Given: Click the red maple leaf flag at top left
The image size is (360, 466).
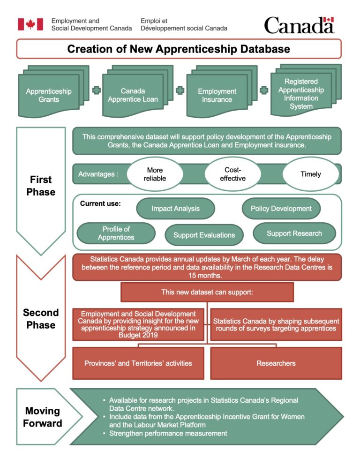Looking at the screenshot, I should click(x=30, y=24).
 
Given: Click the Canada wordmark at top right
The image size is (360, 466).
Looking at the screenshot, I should click(x=299, y=25).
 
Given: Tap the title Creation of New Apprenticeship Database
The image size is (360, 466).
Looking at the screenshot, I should click(x=179, y=49).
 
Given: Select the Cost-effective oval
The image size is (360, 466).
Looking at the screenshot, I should click(x=232, y=174).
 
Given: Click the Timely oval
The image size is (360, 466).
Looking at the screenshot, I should click(x=311, y=174).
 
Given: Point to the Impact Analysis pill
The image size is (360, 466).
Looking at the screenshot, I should click(x=175, y=209).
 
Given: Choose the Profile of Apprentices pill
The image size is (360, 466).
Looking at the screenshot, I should click(x=116, y=233).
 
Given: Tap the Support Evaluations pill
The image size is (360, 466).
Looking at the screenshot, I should click(x=204, y=235).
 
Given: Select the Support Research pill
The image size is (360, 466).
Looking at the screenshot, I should click(x=294, y=233).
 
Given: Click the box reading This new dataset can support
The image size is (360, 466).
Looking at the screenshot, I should click(x=207, y=292).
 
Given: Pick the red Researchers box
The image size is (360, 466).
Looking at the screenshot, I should click(x=276, y=363).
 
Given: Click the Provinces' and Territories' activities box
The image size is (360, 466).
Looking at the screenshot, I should click(x=138, y=363).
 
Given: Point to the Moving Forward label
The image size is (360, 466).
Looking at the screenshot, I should click(x=43, y=417).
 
